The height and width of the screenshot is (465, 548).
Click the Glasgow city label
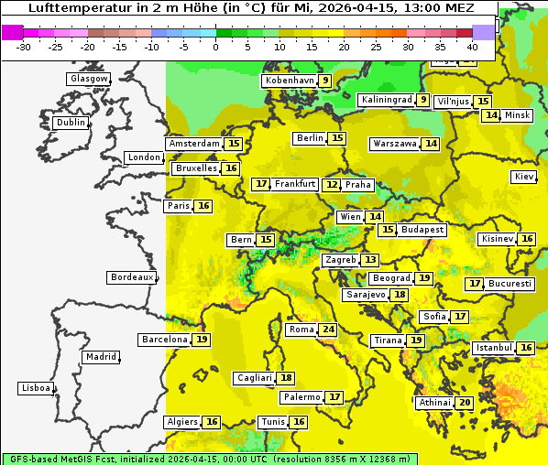[89, 79]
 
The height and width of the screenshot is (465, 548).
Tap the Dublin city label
[71, 123]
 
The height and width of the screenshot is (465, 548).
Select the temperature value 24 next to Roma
[328, 330]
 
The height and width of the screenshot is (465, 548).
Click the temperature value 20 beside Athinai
[465, 403]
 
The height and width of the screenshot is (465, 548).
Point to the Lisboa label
[35, 388]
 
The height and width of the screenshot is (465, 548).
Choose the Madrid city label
[101, 357]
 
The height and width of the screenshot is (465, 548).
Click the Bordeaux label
[131, 277]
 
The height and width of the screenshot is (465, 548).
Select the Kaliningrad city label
[386, 100]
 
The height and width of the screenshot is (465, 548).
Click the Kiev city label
[524, 177]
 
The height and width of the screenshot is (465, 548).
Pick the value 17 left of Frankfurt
[261, 184]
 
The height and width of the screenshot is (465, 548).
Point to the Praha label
[358, 185]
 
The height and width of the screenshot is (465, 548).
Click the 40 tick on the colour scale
[472, 46]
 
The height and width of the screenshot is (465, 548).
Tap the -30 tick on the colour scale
[24, 46]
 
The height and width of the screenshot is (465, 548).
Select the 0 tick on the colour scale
[215, 46]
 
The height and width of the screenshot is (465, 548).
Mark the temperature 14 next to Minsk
[492, 115]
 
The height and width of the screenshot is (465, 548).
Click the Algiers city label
[182, 422]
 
